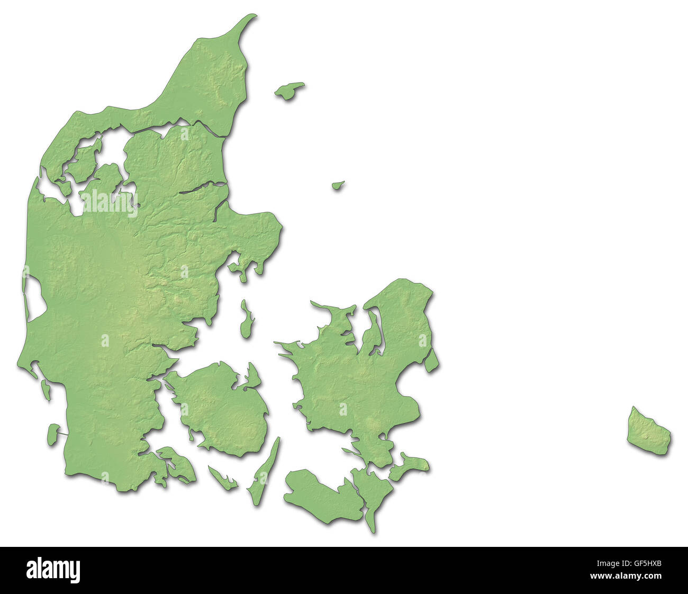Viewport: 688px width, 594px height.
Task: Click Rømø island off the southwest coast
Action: tap(52, 433)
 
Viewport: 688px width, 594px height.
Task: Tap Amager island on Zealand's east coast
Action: tap(431, 359)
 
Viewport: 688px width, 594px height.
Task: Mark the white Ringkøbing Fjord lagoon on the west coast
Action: tap(35, 300)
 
